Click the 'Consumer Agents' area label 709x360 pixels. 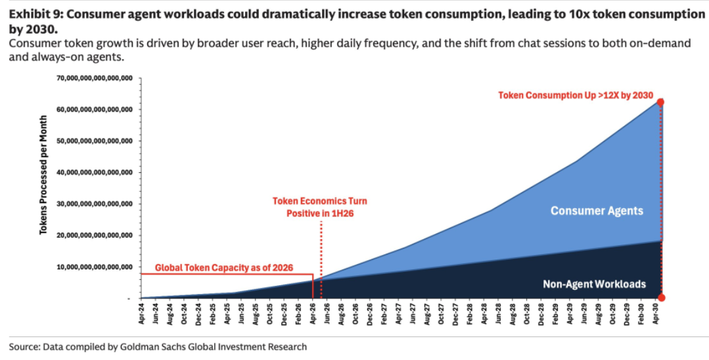click(597, 211)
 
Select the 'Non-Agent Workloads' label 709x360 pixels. click(594, 284)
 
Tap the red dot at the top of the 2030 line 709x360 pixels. click(660, 102)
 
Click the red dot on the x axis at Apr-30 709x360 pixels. click(661, 298)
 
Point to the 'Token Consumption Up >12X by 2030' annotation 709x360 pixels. click(576, 95)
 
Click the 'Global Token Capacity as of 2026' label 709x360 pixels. click(224, 268)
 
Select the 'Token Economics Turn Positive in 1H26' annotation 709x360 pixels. click(320, 207)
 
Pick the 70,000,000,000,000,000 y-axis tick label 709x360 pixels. click(95, 78)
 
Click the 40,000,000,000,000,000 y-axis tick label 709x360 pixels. click(95, 172)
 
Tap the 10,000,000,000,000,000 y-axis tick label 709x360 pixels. click(95, 267)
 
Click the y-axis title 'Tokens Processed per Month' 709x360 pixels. click(44, 176)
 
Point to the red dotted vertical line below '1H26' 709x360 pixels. click(321, 259)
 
